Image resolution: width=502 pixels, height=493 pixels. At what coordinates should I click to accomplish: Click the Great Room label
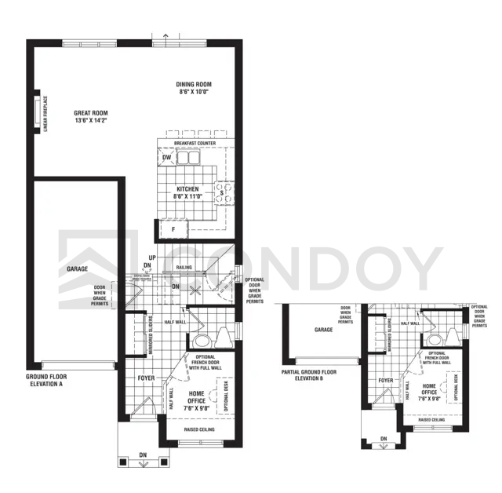point(90,112)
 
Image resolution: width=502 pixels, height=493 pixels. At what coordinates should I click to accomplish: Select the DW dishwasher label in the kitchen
point(166,158)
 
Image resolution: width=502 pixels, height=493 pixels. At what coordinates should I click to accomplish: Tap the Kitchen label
point(187,189)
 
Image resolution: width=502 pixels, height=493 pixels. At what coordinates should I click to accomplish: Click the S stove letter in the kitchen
point(222,192)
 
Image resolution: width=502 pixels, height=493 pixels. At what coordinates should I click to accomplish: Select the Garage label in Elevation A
point(77,268)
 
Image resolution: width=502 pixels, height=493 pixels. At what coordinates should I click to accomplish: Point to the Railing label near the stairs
point(184,268)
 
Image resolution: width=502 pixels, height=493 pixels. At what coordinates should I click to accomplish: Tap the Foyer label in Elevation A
point(146,378)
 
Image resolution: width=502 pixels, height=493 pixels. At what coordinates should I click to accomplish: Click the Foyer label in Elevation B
point(385,381)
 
